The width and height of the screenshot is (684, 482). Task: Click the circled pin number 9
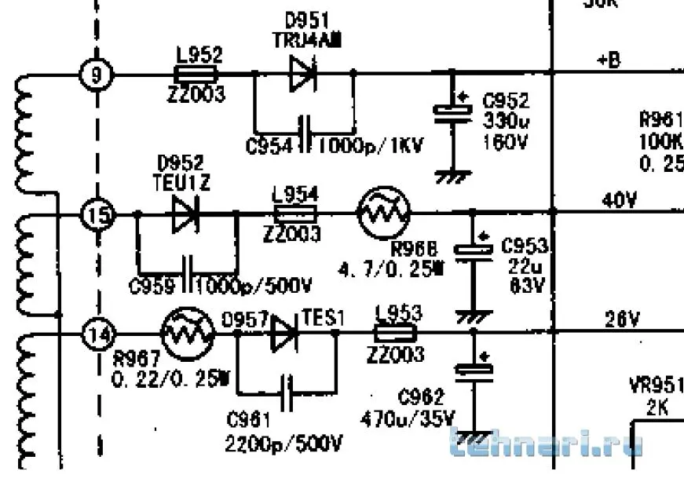pos(97,75)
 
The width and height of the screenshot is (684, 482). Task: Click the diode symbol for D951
pos(302,74)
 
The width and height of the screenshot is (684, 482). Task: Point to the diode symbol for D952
pos(185,214)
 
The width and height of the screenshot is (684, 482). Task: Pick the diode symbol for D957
pos(284,334)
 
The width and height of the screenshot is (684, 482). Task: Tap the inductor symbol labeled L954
pos(294,214)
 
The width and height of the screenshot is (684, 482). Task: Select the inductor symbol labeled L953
pos(396,334)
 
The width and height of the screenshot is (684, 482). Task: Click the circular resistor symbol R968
pos(384,213)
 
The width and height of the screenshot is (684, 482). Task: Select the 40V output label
pos(620,201)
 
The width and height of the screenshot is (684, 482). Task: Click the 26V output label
pos(620,320)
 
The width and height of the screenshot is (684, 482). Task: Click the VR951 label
pos(656,387)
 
